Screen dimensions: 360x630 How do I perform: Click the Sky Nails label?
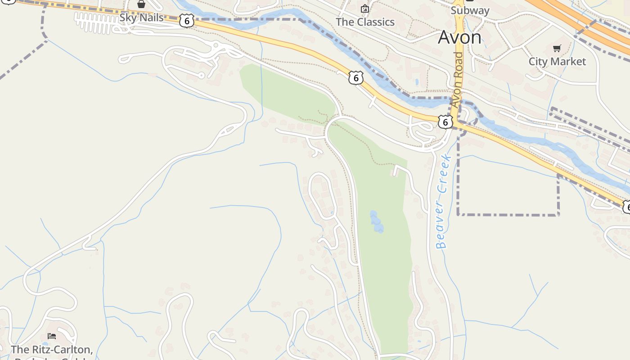(x=141, y=18)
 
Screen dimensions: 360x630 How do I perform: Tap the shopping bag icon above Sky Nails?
(x=141, y=4)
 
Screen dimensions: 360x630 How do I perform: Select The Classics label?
(x=365, y=22)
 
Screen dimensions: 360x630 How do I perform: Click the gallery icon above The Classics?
(x=365, y=9)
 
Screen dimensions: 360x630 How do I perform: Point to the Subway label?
(x=470, y=10)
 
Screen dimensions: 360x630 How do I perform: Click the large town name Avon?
(x=459, y=37)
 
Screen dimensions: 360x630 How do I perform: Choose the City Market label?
(x=557, y=62)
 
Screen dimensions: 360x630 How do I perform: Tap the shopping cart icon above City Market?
(x=557, y=48)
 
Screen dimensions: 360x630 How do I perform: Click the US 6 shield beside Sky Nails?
(x=186, y=20)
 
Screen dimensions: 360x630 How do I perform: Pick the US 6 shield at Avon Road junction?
(x=445, y=121)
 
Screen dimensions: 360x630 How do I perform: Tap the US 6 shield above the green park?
(x=355, y=78)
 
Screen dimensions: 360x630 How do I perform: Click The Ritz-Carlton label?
(x=51, y=350)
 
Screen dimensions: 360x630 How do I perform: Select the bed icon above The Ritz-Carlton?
(x=52, y=336)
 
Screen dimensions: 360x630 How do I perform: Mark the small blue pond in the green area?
(x=376, y=222)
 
